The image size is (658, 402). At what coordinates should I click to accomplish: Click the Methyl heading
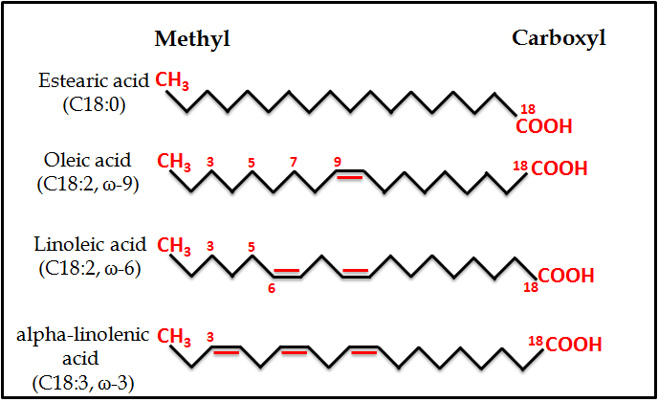[x=192, y=38]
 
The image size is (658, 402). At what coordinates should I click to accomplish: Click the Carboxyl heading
[x=559, y=38]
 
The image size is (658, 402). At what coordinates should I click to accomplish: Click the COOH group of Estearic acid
[x=544, y=126]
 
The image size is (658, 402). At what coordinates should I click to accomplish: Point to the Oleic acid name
[x=87, y=160]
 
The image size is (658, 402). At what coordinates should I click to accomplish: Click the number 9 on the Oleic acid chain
[x=337, y=162]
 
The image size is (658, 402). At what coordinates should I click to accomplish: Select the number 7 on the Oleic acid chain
[x=293, y=162]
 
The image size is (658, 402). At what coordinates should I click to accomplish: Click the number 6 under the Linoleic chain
[x=273, y=286]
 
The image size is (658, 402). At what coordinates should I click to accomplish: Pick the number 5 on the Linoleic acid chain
[x=252, y=247]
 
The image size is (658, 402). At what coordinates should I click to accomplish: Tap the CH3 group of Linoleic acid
[x=174, y=247]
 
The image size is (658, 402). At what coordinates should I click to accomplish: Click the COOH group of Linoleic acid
[x=566, y=277]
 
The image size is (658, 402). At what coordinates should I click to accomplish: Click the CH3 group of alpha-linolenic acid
[x=174, y=336]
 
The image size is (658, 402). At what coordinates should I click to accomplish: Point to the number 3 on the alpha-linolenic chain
[x=209, y=336]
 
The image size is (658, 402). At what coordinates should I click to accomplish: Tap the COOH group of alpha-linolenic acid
[x=572, y=343]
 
